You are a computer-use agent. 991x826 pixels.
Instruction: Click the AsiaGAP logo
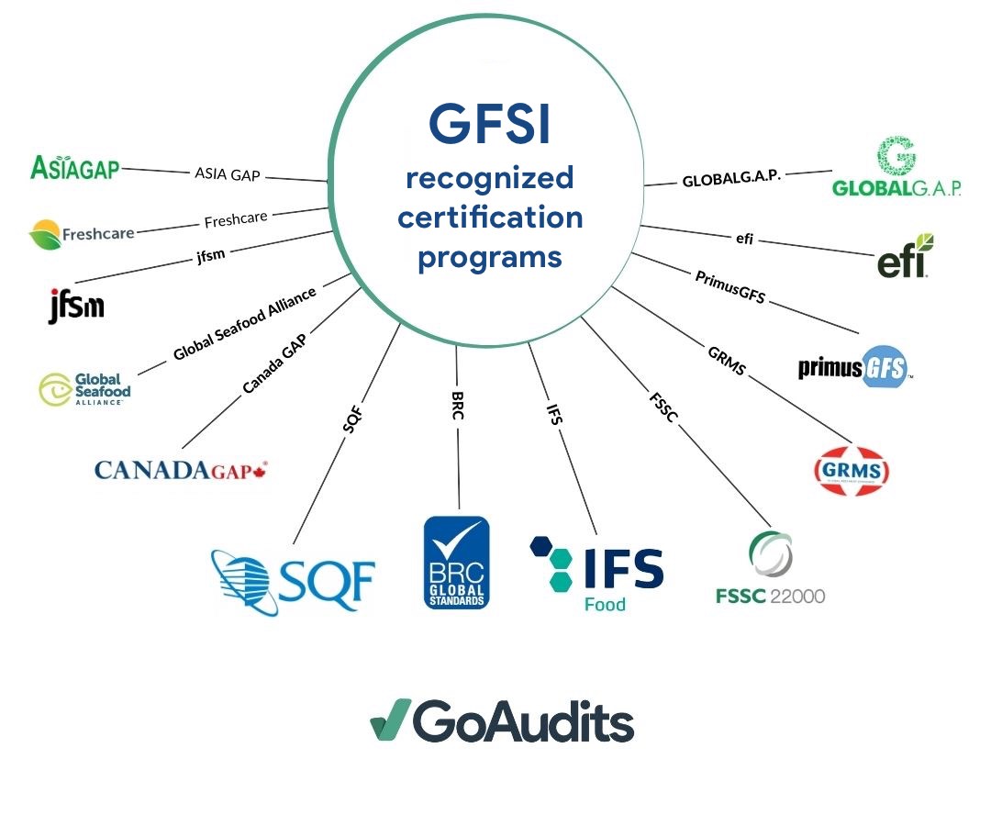75,166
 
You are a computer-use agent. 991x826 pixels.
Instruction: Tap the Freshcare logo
82,235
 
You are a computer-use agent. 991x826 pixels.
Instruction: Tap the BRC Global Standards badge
456,562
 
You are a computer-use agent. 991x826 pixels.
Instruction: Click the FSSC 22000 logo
770,570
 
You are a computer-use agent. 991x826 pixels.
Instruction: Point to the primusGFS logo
855,367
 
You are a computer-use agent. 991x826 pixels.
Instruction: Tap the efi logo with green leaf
906,256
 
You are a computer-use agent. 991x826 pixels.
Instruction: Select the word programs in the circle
489,257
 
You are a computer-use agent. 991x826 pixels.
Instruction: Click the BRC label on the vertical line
457,402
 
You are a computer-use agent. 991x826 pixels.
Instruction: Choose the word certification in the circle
490,218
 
